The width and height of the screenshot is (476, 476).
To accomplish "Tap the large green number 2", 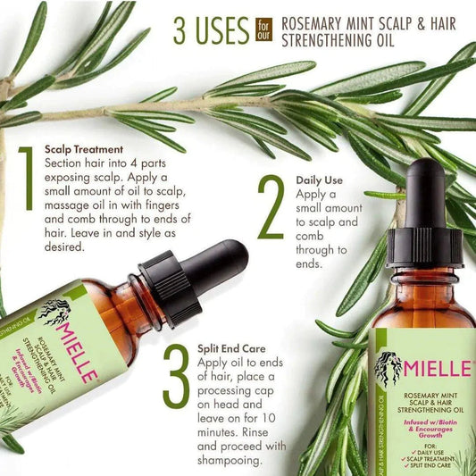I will tap(271, 207).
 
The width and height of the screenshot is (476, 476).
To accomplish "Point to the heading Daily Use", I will tap(320, 180).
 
